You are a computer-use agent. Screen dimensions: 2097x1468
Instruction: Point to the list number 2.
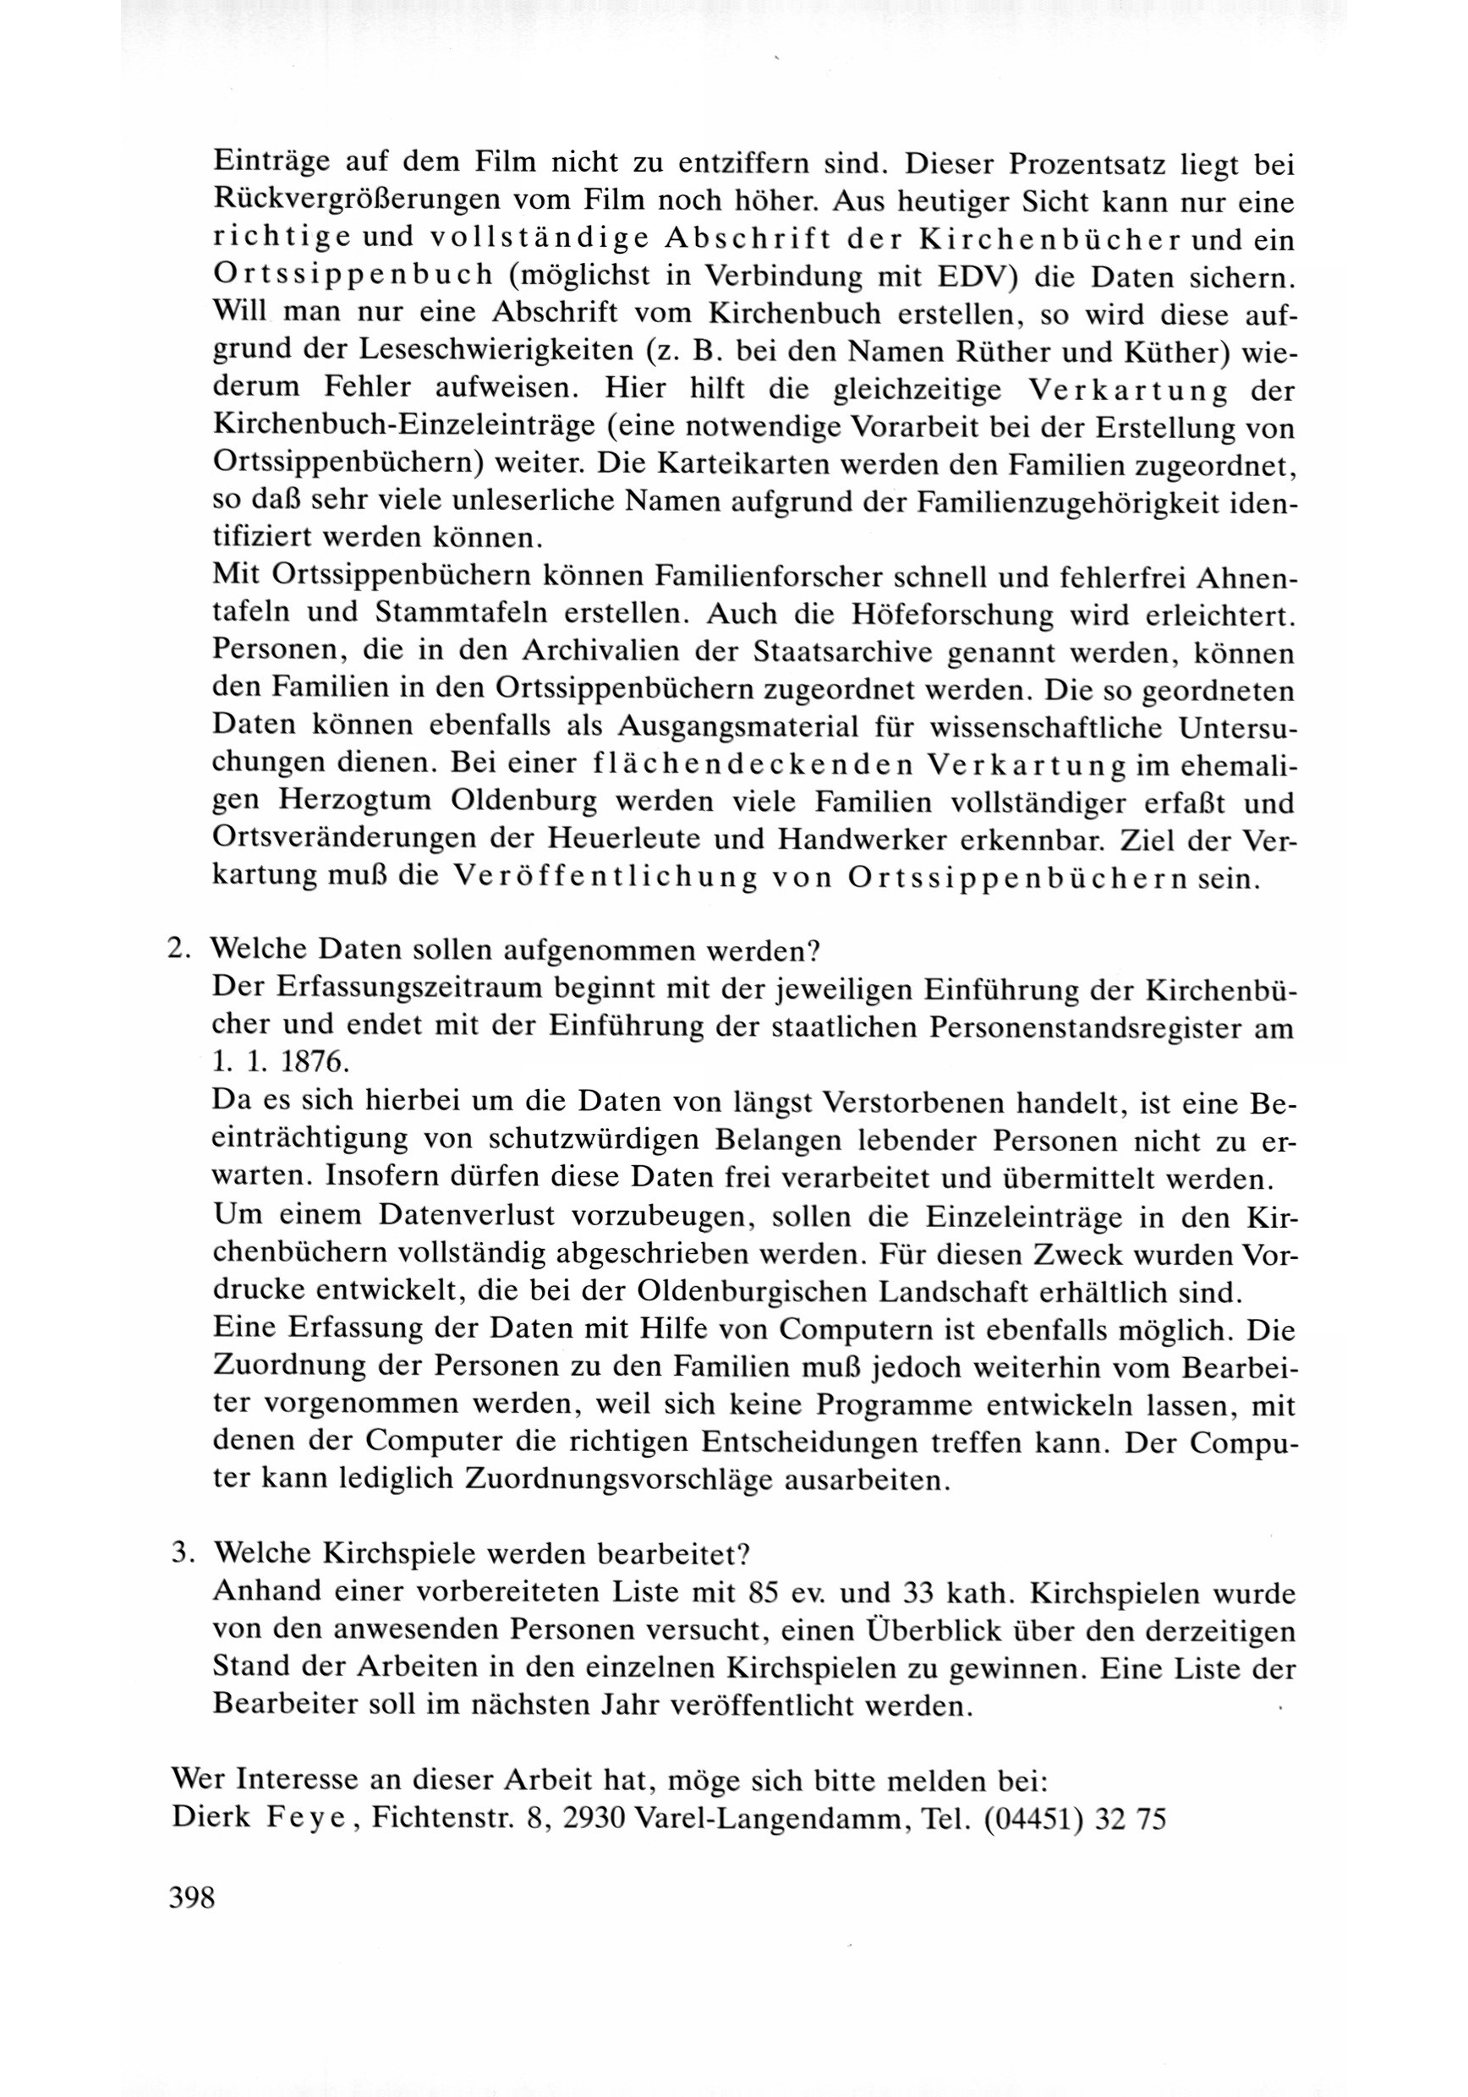coord(178,948)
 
